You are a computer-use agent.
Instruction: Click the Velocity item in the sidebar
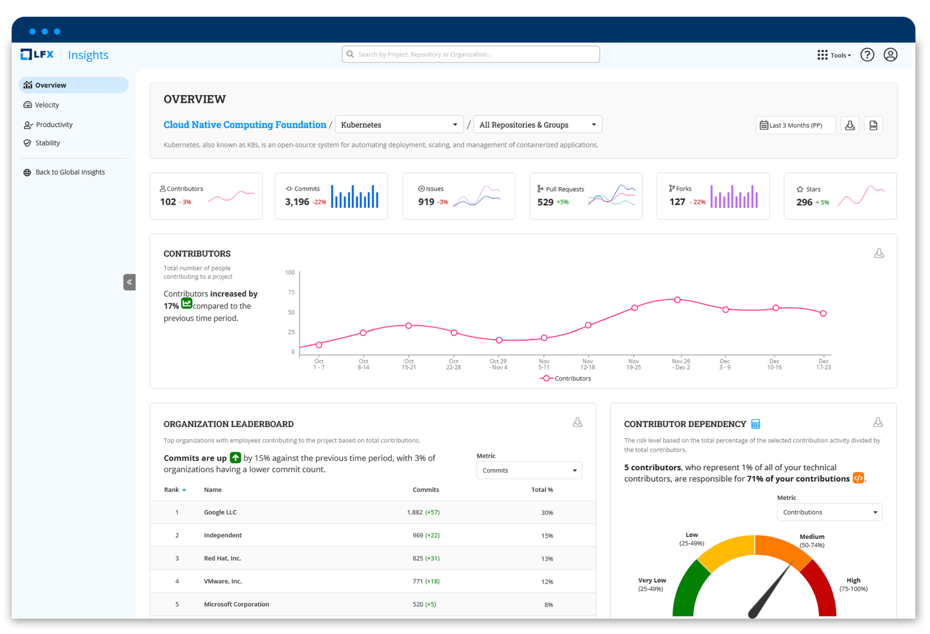(x=47, y=105)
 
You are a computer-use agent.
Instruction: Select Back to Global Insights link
(x=70, y=172)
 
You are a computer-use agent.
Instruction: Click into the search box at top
(x=470, y=55)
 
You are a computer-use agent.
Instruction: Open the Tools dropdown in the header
(x=834, y=55)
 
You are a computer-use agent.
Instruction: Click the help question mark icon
(x=867, y=55)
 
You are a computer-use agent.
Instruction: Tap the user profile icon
(x=890, y=55)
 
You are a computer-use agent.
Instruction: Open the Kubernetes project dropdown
(x=399, y=125)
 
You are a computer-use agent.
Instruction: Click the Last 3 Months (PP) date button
(x=795, y=125)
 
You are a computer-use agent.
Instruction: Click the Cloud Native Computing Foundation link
(x=245, y=125)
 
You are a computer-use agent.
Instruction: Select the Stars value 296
(x=804, y=202)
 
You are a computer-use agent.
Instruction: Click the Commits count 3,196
(x=297, y=202)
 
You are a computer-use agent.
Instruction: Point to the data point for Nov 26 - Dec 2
(x=677, y=300)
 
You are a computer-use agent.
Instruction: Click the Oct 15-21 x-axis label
(x=409, y=364)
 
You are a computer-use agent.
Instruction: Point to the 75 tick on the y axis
(x=291, y=292)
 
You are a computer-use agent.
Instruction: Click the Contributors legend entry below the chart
(x=566, y=379)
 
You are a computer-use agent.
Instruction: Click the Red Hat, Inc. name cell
(x=223, y=559)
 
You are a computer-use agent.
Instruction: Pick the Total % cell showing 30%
(x=547, y=513)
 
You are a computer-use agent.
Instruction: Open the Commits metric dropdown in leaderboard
(x=529, y=471)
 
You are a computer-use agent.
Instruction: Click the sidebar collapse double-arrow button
(x=129, y=282)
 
